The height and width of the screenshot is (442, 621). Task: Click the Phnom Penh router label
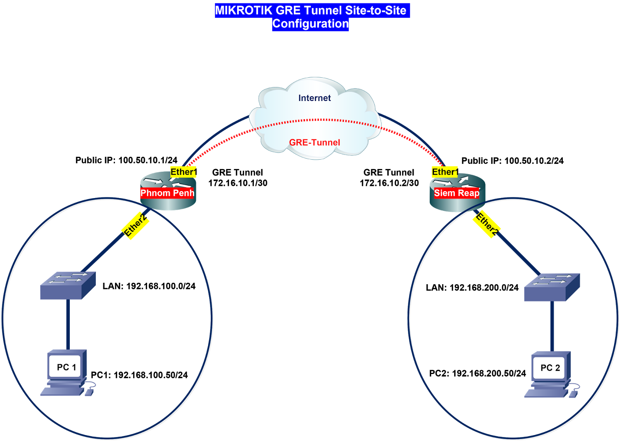167,193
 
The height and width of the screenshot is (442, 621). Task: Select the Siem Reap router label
456,193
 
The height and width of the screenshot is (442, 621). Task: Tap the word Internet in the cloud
314,98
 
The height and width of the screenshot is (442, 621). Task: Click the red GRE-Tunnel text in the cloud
314,142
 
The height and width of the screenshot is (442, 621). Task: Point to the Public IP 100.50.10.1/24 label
127,160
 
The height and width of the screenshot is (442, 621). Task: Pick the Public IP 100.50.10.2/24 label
512,161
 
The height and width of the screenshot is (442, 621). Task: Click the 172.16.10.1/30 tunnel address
238,183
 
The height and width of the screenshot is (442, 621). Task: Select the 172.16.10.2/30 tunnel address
389,183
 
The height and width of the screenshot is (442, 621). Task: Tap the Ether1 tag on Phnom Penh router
184,172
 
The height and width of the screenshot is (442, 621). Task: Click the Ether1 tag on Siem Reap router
445,172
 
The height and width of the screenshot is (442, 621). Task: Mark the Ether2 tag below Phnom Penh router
135,225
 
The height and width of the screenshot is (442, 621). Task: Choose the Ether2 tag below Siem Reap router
487,224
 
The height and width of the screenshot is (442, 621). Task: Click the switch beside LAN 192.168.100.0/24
68,285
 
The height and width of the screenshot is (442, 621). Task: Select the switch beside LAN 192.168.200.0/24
552,287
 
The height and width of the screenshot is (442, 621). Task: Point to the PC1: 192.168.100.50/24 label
139,375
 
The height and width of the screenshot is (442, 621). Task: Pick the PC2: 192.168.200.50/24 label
477,374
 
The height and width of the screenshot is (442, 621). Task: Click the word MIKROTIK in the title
244,10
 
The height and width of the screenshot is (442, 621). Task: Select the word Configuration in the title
310,24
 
